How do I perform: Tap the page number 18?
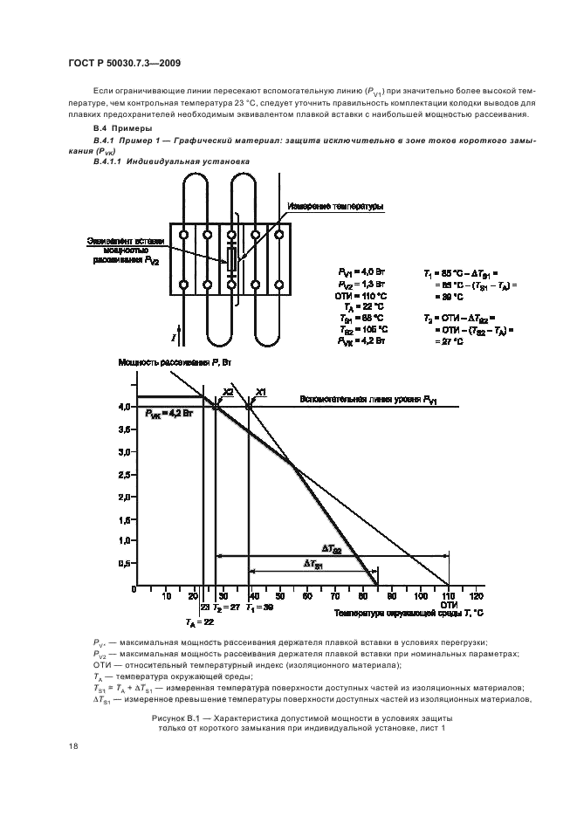72,746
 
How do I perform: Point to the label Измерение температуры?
333,207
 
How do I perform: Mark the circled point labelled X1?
249,406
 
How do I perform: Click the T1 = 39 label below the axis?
260,606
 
